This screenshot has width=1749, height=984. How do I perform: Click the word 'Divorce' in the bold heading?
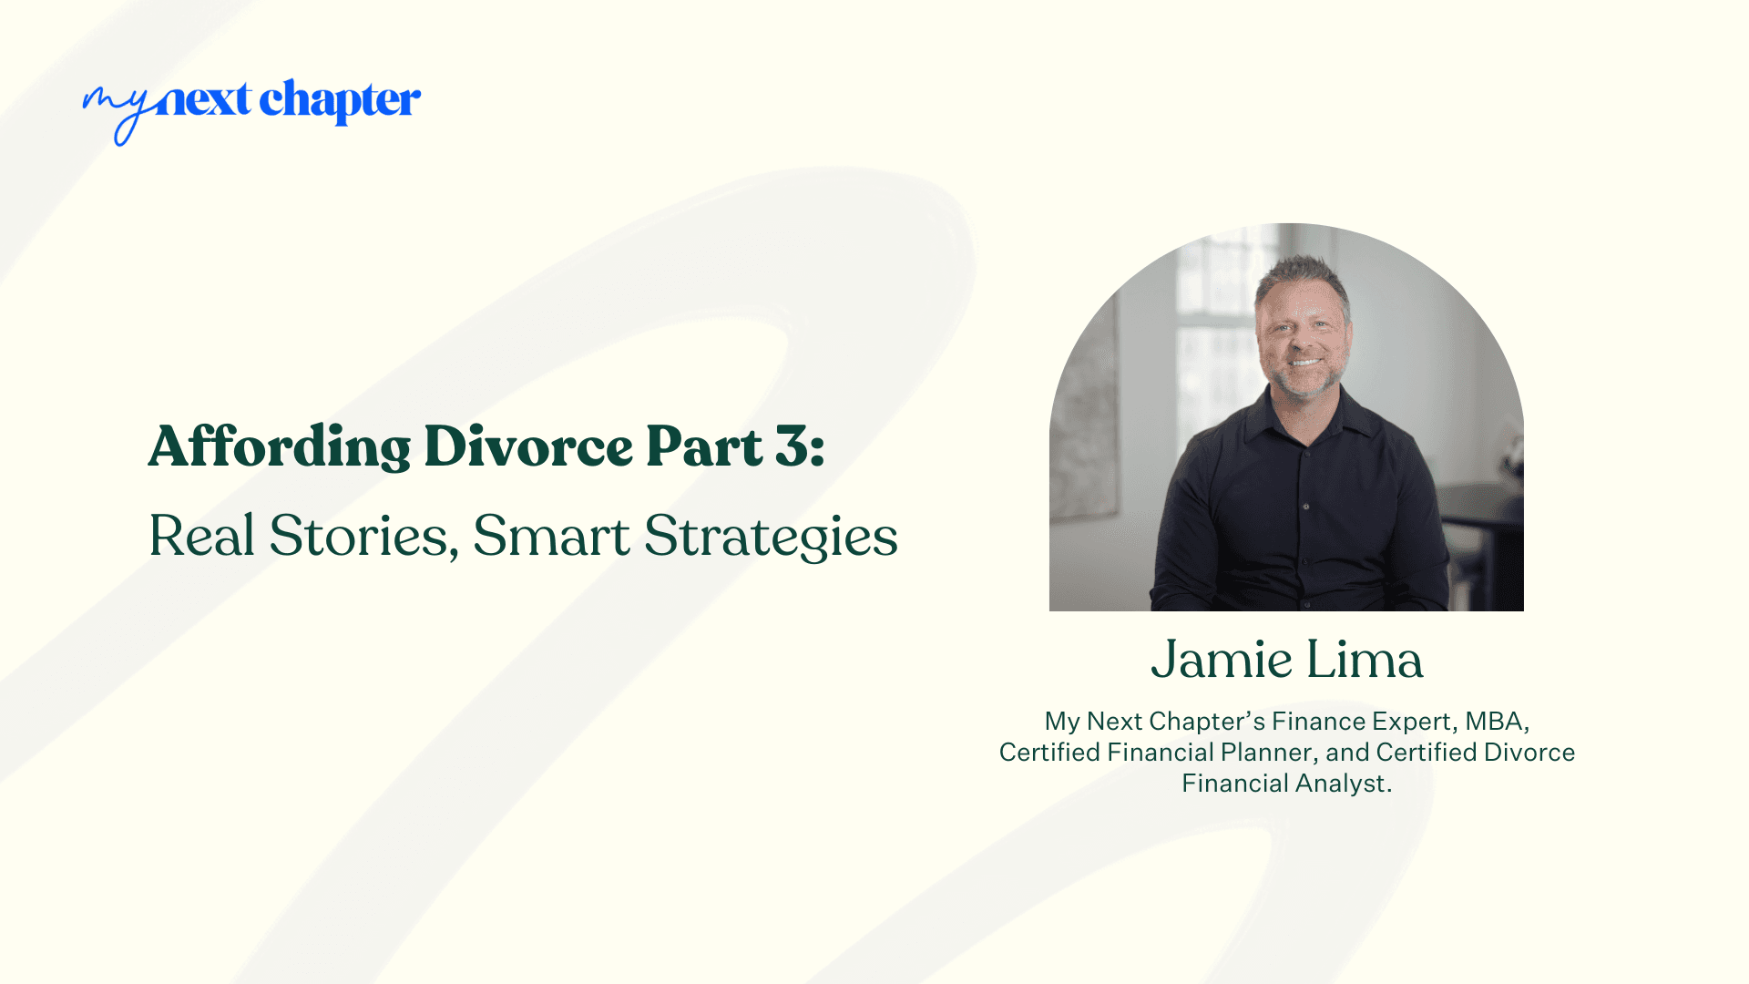[528, 446]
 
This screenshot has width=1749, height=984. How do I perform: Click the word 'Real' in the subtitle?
[201, 536]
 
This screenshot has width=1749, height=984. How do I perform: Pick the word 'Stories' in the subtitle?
[363, 536]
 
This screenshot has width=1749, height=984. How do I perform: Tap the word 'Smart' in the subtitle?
[551, 536]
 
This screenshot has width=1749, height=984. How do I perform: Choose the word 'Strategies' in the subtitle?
[771, 538]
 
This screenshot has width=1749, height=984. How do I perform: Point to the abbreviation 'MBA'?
[1494, 722]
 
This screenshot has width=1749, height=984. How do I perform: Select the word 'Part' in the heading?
[703, 446]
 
